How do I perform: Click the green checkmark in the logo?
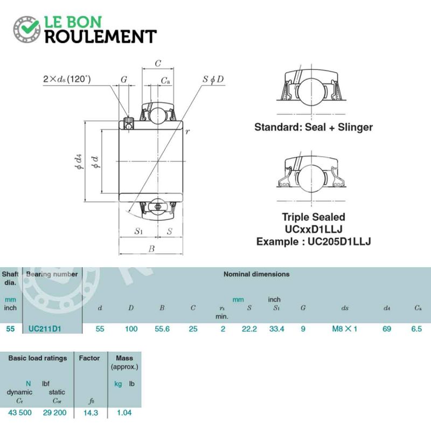(29, 27)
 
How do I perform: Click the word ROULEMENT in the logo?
(101, 37)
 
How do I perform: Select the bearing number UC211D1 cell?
(45, 329)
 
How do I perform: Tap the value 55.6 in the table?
(162, 329)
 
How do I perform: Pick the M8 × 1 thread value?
(345, 329)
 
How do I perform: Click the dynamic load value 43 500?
(20, 413)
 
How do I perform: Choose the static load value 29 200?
(55, 413)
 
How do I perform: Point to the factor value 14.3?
(91, 413)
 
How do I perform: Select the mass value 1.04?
(124, 413)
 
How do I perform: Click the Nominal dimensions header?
(256, 274)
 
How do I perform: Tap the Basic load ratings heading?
(38, 358)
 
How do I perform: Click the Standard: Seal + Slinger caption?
(314, 127)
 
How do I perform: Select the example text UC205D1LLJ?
(339, 241)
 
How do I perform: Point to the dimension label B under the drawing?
(151, 249)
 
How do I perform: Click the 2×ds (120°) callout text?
(67, 79)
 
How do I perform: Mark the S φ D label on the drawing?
(213, 79)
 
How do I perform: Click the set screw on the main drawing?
(128, 123)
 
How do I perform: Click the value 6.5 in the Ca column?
(416, 329)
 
